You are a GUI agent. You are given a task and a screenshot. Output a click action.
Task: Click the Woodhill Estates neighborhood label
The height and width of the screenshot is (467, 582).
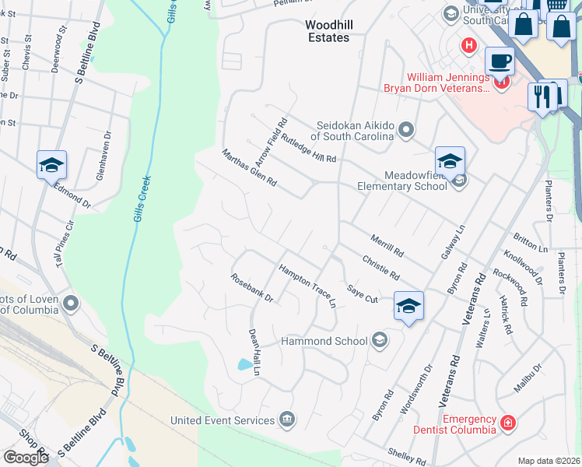click(x=328, y=31)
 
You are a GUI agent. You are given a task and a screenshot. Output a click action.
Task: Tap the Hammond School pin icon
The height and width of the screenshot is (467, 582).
click(x=379, y=339)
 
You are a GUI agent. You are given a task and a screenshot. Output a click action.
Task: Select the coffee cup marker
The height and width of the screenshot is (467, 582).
click(x=499, y=61)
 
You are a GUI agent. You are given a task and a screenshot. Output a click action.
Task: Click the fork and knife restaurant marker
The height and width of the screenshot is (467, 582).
click(x=542, y=96)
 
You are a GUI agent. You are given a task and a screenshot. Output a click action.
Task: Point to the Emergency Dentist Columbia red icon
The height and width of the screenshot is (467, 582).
click(x=507, y=423)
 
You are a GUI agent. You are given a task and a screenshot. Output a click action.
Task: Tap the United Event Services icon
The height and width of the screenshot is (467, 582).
click(x=287, y=420)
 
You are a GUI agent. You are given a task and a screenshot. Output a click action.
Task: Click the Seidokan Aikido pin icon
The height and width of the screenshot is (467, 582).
click(x=405, y=129)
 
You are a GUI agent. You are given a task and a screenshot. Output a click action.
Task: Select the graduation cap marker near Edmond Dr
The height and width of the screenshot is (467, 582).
click(x=51, y=164)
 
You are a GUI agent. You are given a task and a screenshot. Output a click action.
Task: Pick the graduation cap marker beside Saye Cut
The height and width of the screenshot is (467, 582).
click(x=408, y=306)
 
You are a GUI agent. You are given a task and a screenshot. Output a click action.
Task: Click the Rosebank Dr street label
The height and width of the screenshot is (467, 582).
click(x=252, y=287)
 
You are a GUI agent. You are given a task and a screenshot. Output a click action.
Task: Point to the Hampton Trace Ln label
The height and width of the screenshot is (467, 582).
click(x=307, y=282)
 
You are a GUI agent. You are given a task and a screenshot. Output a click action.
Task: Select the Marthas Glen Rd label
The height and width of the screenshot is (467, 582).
click(x=250, y=167)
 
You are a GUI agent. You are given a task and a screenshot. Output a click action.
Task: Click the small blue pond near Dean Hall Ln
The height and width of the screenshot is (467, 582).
click(x=246, y=363)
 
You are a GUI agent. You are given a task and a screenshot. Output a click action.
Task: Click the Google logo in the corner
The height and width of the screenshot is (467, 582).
click(x=26, y=458)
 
